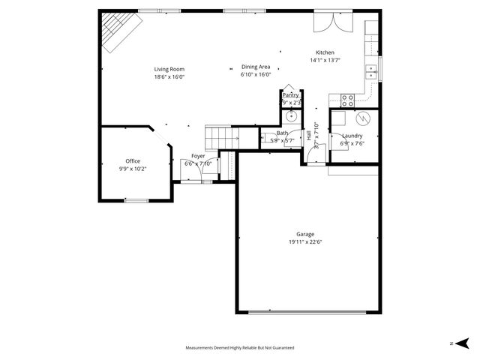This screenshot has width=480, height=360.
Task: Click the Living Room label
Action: pos(169,69)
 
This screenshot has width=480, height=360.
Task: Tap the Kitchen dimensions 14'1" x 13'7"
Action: pos(325,60)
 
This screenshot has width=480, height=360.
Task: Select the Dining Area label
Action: pos(256,67)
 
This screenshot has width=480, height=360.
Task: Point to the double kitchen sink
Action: pos(370,71)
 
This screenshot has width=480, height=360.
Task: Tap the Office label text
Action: pos(133,161)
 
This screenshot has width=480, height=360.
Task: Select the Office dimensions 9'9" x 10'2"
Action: pos(133,169)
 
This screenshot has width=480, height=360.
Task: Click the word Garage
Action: pos(304,234)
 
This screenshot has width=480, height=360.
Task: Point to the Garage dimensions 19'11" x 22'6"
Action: pos(304,241)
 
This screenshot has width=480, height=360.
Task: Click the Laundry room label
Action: pos(352,136)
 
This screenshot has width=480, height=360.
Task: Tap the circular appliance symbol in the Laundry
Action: pos(362,118)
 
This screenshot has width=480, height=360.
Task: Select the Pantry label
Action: pos(290,95)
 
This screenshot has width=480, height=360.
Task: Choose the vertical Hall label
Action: pos(309,136)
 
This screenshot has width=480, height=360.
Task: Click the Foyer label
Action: pos(198,156)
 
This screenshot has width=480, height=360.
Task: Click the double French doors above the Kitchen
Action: pos(331,21)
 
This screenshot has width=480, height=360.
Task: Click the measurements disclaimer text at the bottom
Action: pos(240,348)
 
